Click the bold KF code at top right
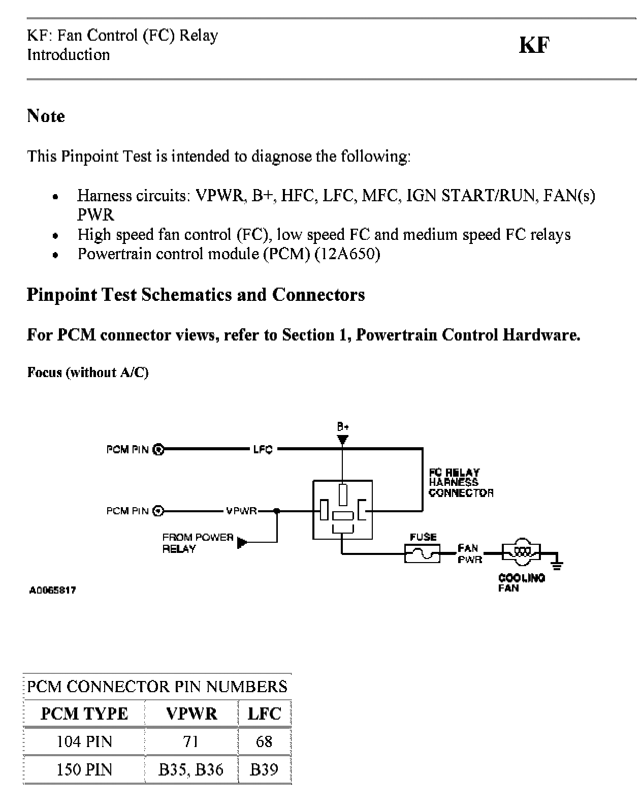point(534,45)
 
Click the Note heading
point(46,116)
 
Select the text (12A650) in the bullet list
point(347,254)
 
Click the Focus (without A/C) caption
point(87,372)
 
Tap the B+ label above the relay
point(343,427)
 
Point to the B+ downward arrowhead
point(343,439)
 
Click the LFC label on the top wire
point(263,449)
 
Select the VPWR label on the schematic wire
point(241,511)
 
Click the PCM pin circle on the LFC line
point(158,449)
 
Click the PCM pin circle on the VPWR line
point(158,511)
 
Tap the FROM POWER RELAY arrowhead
point(242,543)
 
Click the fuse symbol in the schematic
point(423,553)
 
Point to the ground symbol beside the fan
point(557,563)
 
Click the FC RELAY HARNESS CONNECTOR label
point(460,482)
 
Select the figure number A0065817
point(52,590)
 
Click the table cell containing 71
point(191,741)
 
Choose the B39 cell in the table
point(264,769)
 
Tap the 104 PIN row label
point(84,741)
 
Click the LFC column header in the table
point(264,714)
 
